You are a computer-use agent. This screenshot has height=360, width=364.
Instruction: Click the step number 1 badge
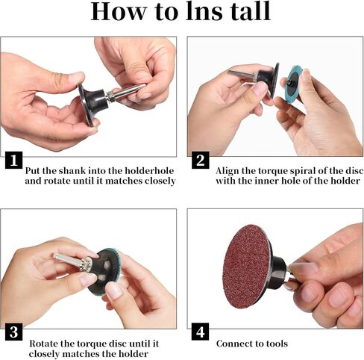tap(14, 160)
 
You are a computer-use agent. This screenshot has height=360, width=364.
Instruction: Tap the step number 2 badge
tap(201, 160)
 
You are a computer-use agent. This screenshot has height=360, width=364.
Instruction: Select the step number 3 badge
tap(14, 332)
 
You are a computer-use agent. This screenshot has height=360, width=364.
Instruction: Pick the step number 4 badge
tap(201, 332)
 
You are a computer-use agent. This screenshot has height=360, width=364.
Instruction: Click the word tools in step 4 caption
tap(277, 344)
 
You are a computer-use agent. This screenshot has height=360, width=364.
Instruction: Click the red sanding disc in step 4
tap(246, 266)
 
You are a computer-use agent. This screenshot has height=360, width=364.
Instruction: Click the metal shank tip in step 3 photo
tap(55, 255)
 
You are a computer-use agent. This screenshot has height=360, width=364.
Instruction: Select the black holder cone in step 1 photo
tap(95, 103)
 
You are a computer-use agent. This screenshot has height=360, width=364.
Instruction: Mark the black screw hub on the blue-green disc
tap(289, 82)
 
